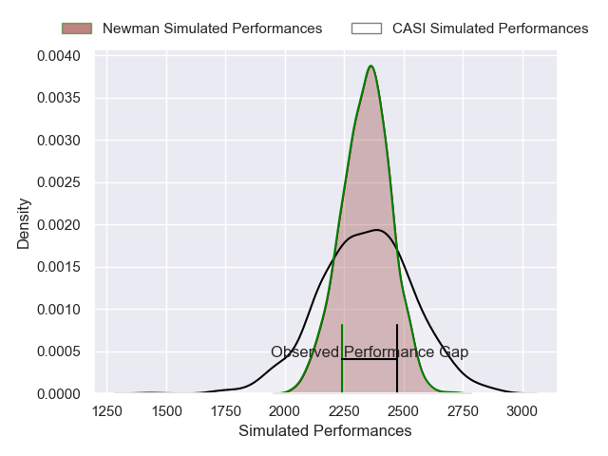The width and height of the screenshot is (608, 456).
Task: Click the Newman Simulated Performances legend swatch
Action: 76,28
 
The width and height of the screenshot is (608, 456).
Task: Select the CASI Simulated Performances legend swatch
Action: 366,28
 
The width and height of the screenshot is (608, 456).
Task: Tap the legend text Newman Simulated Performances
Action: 212,28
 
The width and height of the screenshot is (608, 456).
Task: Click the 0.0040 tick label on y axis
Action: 60,57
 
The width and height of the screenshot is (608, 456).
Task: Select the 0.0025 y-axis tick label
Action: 60,183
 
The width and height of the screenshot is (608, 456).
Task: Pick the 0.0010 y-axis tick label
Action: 60,310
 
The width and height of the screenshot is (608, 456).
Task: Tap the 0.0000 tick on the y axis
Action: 60,393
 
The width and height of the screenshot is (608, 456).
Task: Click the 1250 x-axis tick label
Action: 106,409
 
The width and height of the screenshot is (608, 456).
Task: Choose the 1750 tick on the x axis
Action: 225,409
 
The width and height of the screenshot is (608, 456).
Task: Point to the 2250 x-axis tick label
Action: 344,409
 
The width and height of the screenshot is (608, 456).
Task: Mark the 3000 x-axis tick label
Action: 522,409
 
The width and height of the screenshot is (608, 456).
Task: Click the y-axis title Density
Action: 24,223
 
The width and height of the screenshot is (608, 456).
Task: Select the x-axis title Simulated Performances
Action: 325,431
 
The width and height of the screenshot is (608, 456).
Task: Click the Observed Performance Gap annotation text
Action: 370,352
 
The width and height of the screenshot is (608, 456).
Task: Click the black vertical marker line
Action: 397,375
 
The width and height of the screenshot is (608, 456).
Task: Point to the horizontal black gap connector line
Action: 370,360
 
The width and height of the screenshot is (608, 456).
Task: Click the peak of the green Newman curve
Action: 370,66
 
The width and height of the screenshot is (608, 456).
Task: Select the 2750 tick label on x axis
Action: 463,409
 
